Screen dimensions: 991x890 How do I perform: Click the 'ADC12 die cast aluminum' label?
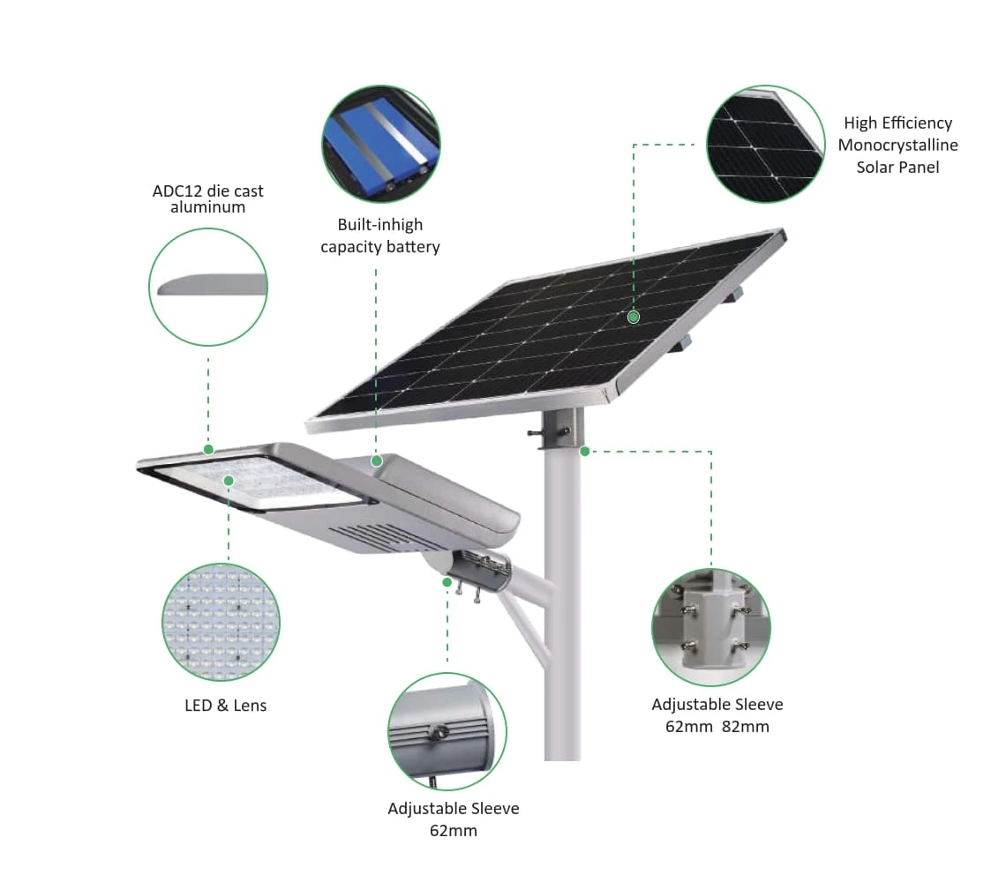tap(208, 199)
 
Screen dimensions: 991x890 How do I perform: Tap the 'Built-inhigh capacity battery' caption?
tap(379, 236)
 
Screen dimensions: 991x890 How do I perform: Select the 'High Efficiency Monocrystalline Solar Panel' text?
tap(897, 145)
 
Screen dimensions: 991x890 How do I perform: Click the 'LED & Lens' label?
tap(226, 706)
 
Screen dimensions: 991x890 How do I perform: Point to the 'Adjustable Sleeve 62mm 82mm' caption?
tap(717, 715)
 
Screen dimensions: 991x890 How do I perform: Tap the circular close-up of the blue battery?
tap(381, 145)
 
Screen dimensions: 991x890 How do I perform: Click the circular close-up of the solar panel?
tap(765, 145)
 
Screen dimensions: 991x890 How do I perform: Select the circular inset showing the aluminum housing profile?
tap(208, 288)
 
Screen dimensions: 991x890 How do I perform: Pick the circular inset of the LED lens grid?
tap(221, 622)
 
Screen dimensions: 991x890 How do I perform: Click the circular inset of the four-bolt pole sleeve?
tap(711, 627)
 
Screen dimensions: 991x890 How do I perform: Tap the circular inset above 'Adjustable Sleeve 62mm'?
tap(447, 732)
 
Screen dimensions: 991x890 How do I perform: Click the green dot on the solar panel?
tap(634, 317)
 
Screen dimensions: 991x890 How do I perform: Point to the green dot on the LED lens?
tap(229, 482)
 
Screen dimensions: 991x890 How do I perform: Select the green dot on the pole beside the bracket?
tap(584, 451)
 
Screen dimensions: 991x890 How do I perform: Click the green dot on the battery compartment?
tap(377, 461)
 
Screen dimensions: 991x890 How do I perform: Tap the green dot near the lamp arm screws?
tap(447, 582)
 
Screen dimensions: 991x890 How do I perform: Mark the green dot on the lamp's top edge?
tap(208, 450)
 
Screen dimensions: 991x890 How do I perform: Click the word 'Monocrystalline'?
tap(897, 146)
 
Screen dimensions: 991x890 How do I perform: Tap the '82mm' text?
tap(746, 727)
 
